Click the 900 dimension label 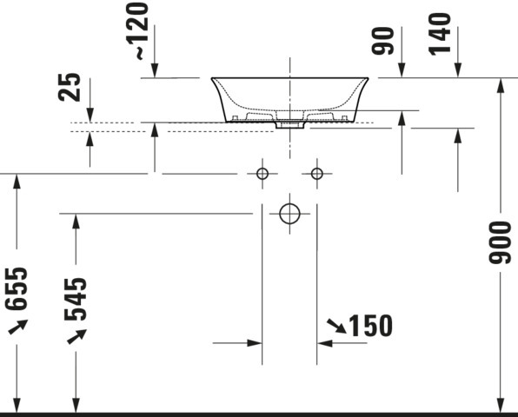(500, 242)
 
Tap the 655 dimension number (17, 289)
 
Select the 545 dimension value (76, 300)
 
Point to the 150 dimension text (370, 326)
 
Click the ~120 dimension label (137, 31)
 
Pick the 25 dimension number (69, 87)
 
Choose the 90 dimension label (383, 41)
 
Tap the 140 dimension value (440, 34)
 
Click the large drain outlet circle (289, 214)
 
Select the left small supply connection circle (262, 174)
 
